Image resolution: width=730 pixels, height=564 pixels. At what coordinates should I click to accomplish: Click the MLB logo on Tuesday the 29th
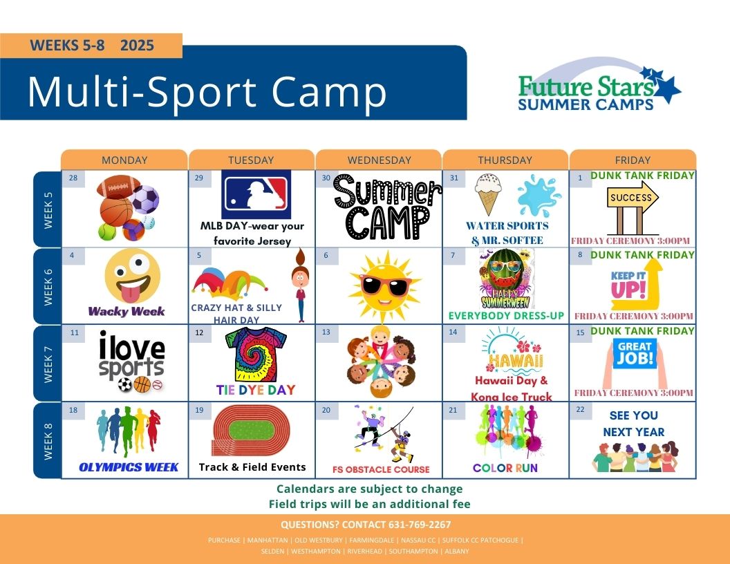click(x=256, y=194)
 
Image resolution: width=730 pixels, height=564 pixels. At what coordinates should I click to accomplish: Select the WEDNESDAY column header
click(x=379, y=160)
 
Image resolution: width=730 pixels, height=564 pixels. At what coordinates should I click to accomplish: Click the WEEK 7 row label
click(x=48, y=364)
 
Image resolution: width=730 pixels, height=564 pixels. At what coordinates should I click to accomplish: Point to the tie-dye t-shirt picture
click(x=256, y=354)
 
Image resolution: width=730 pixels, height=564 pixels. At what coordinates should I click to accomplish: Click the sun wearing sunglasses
click(x=384, y=285)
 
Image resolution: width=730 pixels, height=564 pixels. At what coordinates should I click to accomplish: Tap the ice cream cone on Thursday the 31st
click(x=487, y=194)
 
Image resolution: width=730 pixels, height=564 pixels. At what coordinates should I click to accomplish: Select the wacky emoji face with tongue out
click(x=132, y=276)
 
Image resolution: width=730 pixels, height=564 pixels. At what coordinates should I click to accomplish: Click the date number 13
click(x=326, y=332)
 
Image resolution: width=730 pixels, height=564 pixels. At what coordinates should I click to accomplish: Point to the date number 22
click(x=580, y=409)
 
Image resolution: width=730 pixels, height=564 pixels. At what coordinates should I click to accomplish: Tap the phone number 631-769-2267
click(x=420, y=525)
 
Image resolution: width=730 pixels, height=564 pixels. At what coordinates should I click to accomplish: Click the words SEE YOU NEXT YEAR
click(x=634, y=424)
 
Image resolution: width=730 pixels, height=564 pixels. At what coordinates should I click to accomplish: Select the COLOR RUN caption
click(x=505, y=468)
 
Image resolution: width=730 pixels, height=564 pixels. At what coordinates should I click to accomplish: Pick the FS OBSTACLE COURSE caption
click(x=381, y=469)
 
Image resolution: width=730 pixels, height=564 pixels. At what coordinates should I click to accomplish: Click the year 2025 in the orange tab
click(x=137, y=45)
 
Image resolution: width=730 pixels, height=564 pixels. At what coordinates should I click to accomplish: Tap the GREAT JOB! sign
click(x=635, y=353)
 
